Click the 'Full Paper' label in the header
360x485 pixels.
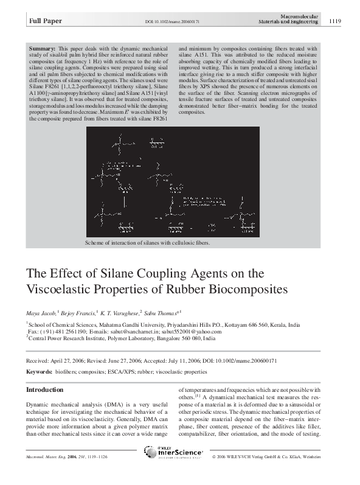(x=44, y=21)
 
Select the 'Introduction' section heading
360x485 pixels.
(x=44, y=389)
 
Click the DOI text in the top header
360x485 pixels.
(x=181, y=22)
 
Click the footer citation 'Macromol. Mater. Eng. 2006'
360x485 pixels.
(x=58, y=456)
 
